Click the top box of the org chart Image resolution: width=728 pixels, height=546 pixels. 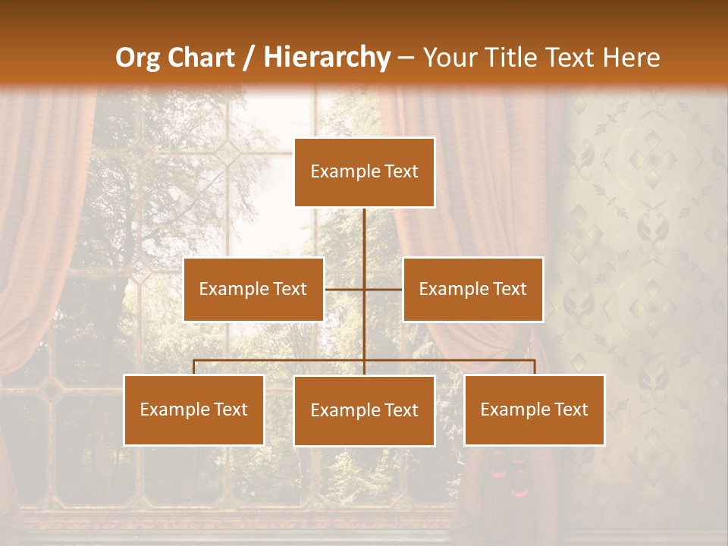tap(364, 172)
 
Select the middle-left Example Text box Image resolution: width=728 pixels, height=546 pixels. tap(253, 289)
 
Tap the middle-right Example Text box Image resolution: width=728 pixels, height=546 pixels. tap(472, 289)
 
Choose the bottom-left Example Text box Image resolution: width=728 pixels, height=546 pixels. tap(193, 409)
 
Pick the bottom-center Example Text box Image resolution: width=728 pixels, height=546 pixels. tap(364, 410)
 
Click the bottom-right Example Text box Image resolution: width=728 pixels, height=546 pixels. tap(534, 409)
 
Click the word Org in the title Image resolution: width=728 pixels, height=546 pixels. tap(136, 58)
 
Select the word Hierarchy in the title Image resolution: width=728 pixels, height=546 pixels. tap(326, 58)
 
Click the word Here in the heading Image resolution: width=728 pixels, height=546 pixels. tap(631, 58)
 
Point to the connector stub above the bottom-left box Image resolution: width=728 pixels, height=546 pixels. tap(193, 367)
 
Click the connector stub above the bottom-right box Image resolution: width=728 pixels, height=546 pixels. tap(535, 367)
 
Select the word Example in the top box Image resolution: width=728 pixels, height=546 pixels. tap(344, 172)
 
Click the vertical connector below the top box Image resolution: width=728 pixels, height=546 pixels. tap(364, 235)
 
